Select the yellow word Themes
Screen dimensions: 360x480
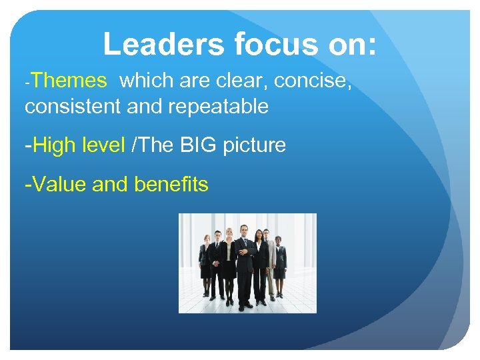tap(68, 81)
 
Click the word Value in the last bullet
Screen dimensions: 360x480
tap(60, 184)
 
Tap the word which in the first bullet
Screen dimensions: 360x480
tap(147, 81)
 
